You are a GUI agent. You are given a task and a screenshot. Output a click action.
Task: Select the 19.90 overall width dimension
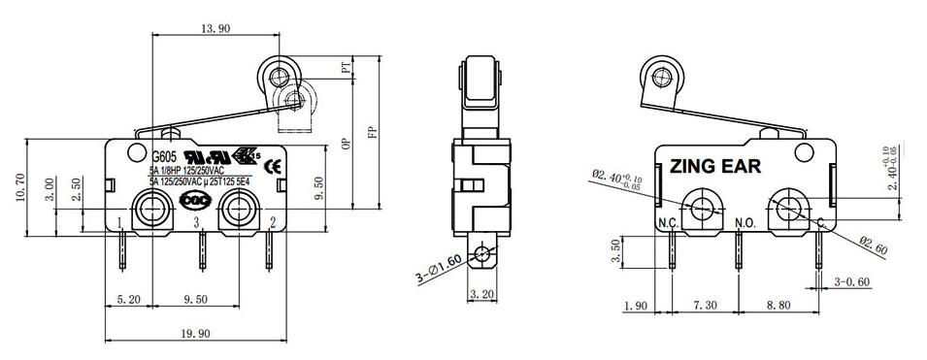click(195, 333)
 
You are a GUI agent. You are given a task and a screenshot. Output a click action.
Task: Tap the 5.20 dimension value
click(127, 300)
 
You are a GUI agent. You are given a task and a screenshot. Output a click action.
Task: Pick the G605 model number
click(166, 156)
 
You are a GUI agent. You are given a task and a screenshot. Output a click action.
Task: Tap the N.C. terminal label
click(667, 224)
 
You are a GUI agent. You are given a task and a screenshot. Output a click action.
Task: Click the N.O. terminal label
click(745, 224)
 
